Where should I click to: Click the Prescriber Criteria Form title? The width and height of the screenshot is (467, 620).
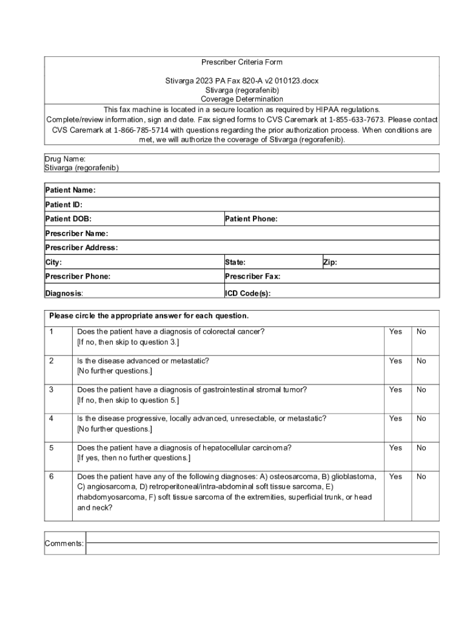tap(241, 62)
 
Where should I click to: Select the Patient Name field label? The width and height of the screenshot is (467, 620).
tap(70, 190)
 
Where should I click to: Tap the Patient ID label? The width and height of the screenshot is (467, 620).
tap(64, 205)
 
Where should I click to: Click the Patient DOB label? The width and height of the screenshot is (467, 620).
tap(69, 219)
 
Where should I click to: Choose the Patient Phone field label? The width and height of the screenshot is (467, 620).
tap(251, 219)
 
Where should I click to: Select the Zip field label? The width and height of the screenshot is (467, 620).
tap(330, 262)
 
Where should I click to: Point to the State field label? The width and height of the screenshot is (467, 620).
tap(235, 262)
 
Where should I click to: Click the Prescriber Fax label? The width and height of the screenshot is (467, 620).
tap(252, 277)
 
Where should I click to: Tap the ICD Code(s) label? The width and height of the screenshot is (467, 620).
tap(247, 294)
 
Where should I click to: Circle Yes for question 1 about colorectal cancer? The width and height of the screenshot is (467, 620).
tap(395, 332)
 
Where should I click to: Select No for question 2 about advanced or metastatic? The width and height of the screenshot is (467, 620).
tap(421, 361)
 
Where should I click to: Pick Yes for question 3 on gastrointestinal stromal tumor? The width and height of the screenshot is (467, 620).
tap(395, 390)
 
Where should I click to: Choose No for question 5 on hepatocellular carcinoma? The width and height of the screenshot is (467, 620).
tap(421, 448)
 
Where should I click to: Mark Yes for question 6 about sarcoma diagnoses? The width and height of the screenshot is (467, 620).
tap(395, 477)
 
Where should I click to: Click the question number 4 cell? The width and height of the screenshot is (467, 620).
tap(52, 418)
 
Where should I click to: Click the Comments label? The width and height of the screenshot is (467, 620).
tap(64, 544)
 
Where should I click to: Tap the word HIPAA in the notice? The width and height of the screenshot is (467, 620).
tap(314, 110)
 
